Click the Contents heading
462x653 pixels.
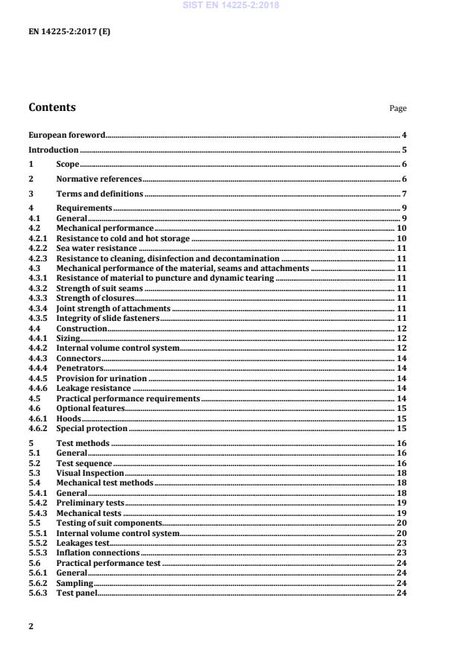pyautogui.click(x=52, y=107)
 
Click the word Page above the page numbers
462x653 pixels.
pyautogui.click(x=398, y=109)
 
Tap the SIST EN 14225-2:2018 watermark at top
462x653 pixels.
pyautogui.click(x=230, y=5)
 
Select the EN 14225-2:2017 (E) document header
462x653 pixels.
pyautogui.click(x=69, y=31)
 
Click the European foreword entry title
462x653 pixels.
pyautogui.click(x=66, y=136)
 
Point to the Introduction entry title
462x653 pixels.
pyautogui.click(x=54, y=150)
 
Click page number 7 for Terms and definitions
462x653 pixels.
pyautogui.click(x=404, y=194)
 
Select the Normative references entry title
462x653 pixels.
pyautogui.click(x=99, y=179)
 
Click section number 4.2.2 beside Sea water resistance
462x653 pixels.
pyautogui.click(x=38, y=248)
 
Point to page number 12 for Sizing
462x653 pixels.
pyautogui.click(x=402, y=338)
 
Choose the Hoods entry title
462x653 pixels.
pyautogui.click(x=68, y=418)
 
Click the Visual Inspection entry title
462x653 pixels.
pyautogui.click(x=90, y=473)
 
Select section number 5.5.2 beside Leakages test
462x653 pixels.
pyautogui.click(x=38, y=543)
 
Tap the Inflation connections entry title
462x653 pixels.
pyautogui.click(x=98, y=553)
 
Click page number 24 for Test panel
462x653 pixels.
pyautogui.click(x=402, y=593)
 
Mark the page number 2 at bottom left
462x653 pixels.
pyautogui.click(x=31, y=626)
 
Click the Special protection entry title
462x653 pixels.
pyautogui.click(x=92, y=428)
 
